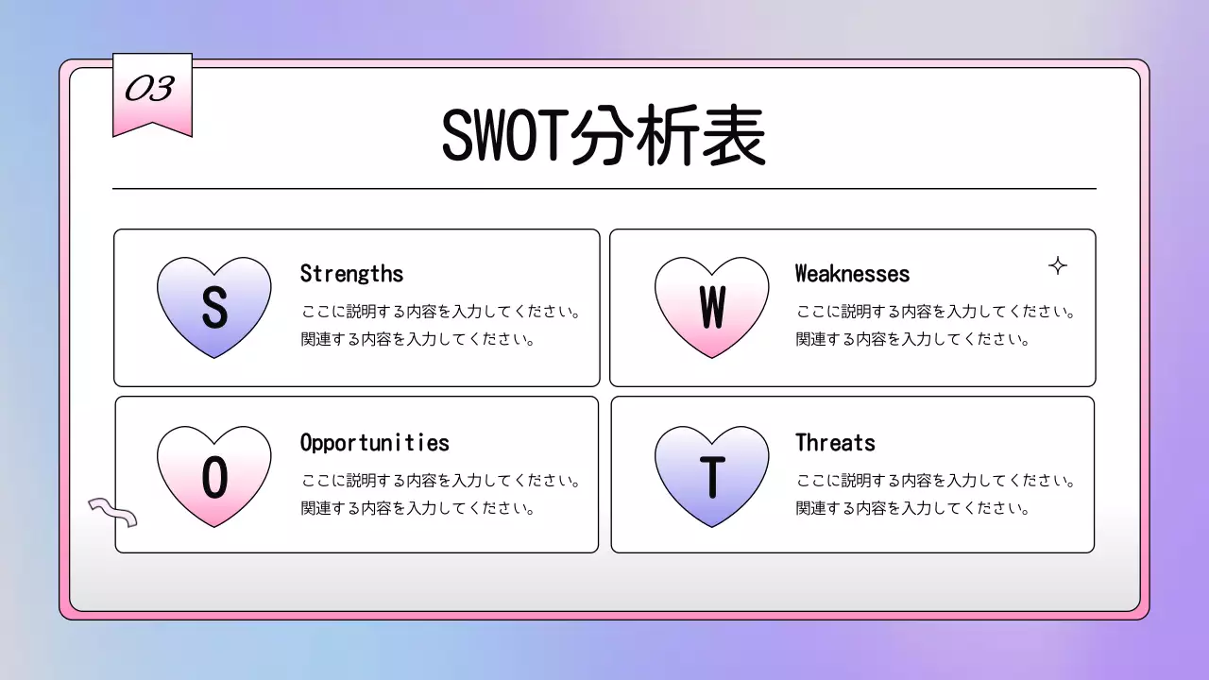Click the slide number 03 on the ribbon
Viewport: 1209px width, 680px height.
[x=150, y=89]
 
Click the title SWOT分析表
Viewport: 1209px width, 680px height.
[x=603, y=138]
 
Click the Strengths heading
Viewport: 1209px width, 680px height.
[x=351, y=274]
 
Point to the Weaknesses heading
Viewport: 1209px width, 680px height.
[x=852, y=274]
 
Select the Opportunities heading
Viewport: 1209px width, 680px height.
[x=374, y=443]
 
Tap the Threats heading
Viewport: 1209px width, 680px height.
[x=835, y=443]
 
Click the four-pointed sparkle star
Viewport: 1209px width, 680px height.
[x=1058, y=266]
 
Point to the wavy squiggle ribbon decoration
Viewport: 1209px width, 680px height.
[x=112, y=512]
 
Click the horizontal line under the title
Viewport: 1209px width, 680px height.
[x=604, y=189]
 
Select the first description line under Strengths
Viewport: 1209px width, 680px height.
[x=440, y=312]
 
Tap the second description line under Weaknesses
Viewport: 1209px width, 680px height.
[x=912, y=339]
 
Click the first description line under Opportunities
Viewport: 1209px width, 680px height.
[x=440, y=481]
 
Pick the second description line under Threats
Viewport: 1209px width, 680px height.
[x=912, y=508]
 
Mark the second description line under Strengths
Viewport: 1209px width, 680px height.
[x=418, y=339]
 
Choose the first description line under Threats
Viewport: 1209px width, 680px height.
[x=935, y=481]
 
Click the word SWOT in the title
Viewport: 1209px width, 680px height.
[x=501, y=138]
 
